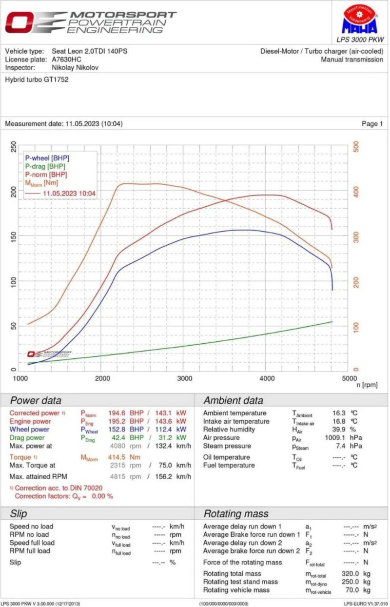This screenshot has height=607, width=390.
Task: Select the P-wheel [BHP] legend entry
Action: tap(47, 158)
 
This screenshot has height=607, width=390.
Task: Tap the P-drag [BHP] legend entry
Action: tap(45, 166)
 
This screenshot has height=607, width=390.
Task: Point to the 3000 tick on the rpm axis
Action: tap(184, 378)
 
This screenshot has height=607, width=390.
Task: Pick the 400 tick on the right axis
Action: tap(356, 191)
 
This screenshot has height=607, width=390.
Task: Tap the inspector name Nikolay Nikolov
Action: tap(75, 67)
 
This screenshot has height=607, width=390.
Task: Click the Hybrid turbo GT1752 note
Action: tap(37, 79)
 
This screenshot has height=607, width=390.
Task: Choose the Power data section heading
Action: tap(36, 401)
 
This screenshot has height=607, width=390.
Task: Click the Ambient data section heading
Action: tap(233, 401)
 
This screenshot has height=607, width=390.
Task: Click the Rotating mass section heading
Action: tap(235, 514)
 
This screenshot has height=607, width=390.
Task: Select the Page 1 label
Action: tap(372, 124)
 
